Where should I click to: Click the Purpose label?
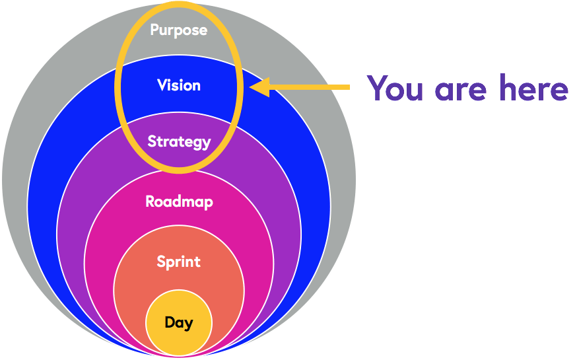click(178, 30)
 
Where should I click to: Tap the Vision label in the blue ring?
click(179, 85)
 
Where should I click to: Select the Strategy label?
click(179, 141)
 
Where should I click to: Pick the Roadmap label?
click(179, 201)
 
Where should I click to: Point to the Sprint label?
click(178, 262)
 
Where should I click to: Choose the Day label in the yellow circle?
click(178, 323)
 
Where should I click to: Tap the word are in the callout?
click(462, 89)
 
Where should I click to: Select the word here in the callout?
click(533, 88)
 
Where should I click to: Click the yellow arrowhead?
click(259, 87)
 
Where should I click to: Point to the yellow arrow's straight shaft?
click(310, 87)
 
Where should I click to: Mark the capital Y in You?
click(378, 87)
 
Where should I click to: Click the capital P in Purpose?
click(154, 30)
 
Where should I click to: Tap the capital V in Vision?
click(162, 85)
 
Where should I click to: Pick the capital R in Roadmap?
click(151, 201)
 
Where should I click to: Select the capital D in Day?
click(169, 322)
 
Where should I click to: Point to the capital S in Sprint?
click(161, 262)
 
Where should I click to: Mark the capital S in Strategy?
click(152, 141)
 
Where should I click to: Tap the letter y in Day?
click(189, 324)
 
